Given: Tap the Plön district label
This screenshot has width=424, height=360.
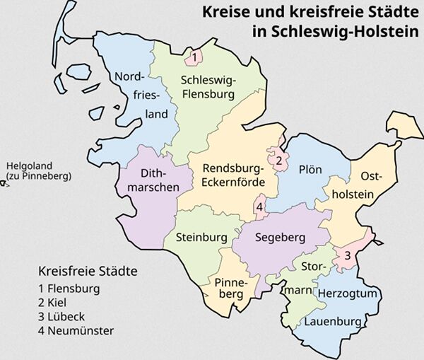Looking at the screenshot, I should pos(310,170).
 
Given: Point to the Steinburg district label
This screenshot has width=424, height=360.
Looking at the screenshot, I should pos(201,238).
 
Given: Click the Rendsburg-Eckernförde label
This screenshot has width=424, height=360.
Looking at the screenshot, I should pos(233,175).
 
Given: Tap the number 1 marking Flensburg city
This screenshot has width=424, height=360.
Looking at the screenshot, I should pos(194,56).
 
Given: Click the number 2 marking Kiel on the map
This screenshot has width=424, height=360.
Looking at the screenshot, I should pos(279,161).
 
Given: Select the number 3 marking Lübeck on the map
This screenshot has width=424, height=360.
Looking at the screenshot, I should pos(347,255).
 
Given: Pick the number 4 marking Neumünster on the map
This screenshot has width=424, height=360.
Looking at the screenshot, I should pos(260,207).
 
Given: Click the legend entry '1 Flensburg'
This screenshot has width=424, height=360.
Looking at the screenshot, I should pos(70,289).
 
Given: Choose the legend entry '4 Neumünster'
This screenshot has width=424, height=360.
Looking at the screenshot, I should pos(76,330).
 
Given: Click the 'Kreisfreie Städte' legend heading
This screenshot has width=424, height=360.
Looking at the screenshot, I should pos(88,272).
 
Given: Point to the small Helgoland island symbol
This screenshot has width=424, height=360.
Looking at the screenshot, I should pos(4,184).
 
